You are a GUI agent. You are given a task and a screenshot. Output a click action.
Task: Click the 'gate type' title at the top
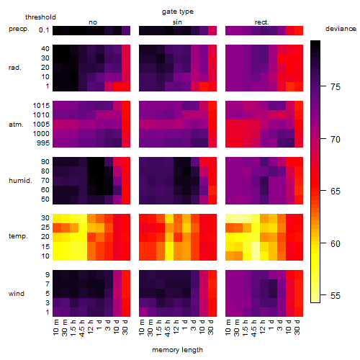[x=178, y=12]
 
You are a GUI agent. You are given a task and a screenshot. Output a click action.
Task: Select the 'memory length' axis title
[x=177, y=350]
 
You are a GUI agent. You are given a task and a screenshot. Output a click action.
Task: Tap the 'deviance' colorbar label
[x=341, y=29]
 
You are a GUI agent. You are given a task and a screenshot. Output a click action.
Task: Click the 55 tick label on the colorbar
[x=336, y=295]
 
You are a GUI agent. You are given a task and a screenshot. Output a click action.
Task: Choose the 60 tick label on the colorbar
[x=336, y=243]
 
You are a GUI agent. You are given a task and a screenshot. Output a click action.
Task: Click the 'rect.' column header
[x=262, y=22]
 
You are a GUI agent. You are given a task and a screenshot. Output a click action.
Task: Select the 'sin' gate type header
[x=177, y=22]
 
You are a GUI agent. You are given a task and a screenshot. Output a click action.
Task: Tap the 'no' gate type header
[x=93, y=22]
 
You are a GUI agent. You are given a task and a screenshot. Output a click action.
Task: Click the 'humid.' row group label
[x=20, y=181]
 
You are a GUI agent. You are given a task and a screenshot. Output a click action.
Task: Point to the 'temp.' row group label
[x=18, y=236]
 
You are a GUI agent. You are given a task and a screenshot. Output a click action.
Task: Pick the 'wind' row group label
[x=17, y=294]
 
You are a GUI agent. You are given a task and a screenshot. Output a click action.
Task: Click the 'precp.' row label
[x=19, y=29]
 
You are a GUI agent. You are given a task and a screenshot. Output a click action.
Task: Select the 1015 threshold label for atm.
[x=41, y=105]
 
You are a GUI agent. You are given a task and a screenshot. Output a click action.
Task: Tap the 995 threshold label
[x=43, y=143]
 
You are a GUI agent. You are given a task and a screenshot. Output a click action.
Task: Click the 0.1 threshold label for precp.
[x=44, y=30]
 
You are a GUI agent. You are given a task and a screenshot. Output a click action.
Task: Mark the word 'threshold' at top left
[x=40, y=17]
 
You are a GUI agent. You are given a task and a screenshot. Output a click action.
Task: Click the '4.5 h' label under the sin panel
[x=168, y=328]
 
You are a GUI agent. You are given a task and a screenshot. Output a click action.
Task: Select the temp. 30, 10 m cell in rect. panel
[x=230, y=219]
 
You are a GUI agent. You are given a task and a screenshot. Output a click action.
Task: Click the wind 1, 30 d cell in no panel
[x=126, y=312]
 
